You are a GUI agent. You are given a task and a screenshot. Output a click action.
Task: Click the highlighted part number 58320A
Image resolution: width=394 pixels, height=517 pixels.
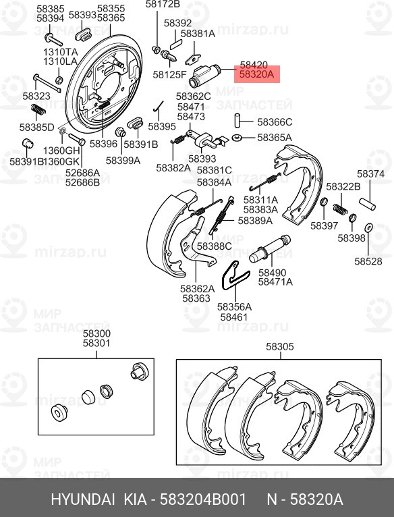click(x=257, y=76)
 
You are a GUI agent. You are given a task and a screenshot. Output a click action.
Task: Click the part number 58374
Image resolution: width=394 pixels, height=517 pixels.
click(x=370, y=174)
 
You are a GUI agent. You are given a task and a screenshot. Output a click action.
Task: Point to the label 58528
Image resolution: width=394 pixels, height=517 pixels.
click(x=368, y=261)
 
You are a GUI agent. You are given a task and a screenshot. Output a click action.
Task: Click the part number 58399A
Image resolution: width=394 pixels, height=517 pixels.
click(x=123, y=161)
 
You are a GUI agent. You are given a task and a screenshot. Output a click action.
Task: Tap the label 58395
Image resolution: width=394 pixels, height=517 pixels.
click(x=162, y=127)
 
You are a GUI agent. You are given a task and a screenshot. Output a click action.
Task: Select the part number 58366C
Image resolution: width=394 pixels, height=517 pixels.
click(x=275, y=122)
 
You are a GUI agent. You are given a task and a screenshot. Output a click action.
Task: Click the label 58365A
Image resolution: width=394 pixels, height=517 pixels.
click(x=275, y=138)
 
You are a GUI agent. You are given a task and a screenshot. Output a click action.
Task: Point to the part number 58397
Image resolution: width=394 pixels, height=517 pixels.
click(x=325, y=225)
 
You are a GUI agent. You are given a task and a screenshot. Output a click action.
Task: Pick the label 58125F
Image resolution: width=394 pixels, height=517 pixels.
click(x=169, y=74)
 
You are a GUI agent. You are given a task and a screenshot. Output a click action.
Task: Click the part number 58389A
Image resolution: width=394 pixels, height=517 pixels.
click(x=255, y=220)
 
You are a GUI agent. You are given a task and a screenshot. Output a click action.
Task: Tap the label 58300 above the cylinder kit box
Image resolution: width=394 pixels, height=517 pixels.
click(x=96, y=334)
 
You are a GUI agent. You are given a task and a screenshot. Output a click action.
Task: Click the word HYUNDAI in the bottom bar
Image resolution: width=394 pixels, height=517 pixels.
click(x=84, y=500)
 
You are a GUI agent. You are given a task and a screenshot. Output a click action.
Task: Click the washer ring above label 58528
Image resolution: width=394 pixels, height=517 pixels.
click(x=369, y=227)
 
